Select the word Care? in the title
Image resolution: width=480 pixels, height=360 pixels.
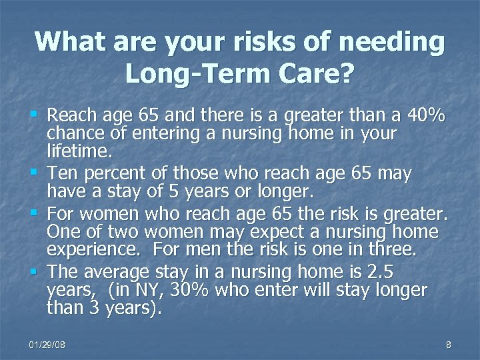309,73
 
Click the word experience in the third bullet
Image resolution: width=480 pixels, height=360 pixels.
94,250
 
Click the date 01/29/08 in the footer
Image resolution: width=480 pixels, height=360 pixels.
47,344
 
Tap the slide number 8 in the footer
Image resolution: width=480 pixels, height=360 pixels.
448,344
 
